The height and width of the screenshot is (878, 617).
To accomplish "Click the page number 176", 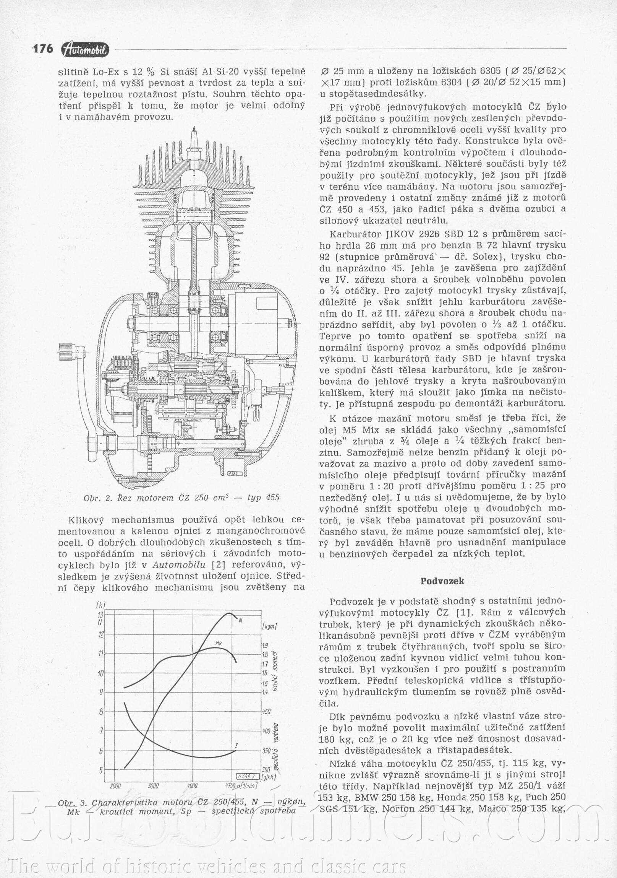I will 43,49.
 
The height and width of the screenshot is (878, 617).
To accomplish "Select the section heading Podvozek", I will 442,581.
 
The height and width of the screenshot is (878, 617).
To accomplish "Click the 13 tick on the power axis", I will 100,615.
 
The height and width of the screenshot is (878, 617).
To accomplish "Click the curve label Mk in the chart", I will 219,643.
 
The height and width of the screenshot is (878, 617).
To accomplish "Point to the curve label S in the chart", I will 236,746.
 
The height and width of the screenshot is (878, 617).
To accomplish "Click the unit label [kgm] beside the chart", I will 269,627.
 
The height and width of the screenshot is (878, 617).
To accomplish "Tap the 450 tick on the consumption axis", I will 266,712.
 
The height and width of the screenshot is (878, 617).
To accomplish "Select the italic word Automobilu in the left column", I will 179,565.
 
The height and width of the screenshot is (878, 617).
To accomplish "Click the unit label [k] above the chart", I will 101,605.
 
